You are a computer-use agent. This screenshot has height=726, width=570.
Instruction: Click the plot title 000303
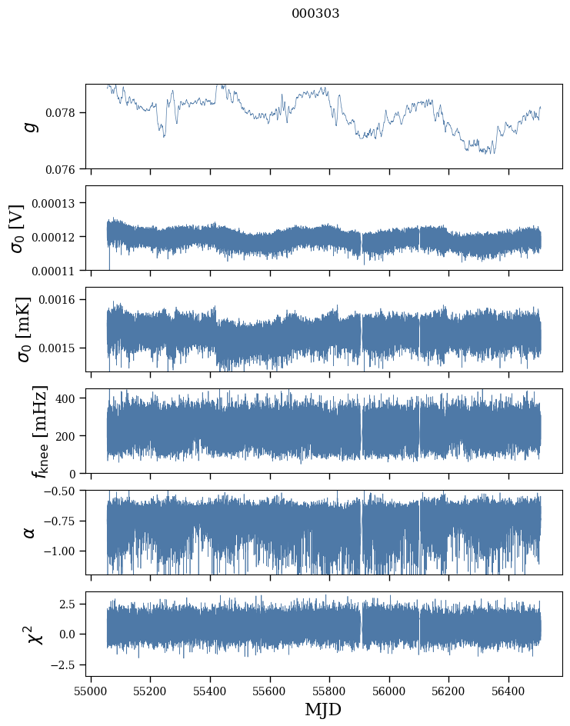click(x=315, y=14)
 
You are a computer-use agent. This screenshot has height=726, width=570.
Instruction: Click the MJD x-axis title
click(x=323, y=709)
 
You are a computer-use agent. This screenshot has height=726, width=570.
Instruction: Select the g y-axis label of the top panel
click(x=31, y=126)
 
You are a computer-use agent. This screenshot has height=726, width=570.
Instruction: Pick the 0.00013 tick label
click(x=58, y=203)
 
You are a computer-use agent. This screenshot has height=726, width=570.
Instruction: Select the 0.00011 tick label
click(x=58, y=271)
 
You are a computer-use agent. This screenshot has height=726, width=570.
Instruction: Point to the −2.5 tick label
click(x=66, y=664)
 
